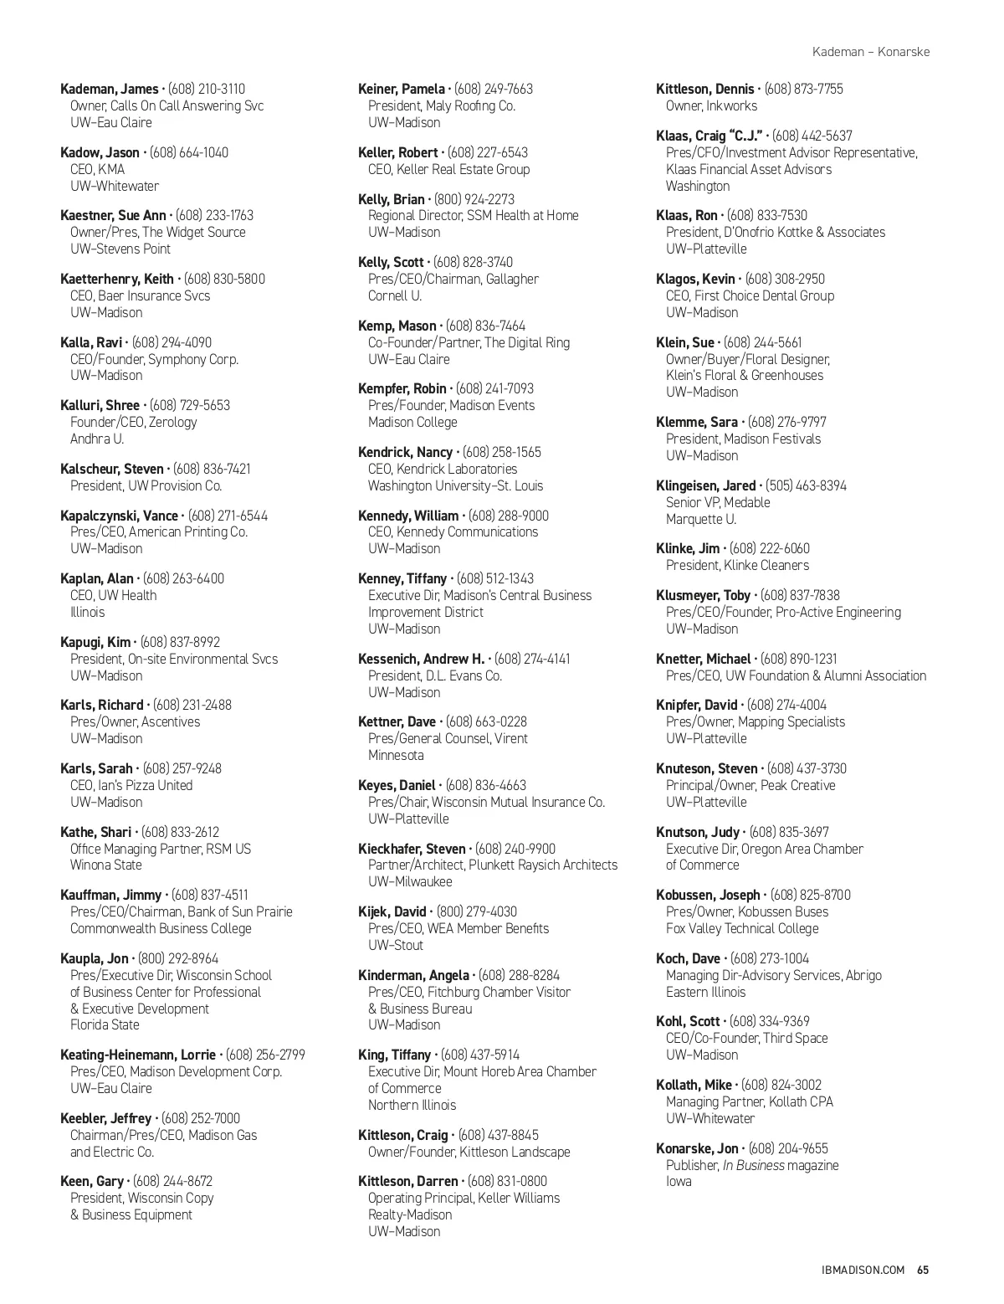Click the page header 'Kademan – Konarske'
[x=870, y=52]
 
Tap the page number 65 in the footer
[x=923, y=1270]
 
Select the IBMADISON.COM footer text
[x=864, y=1270]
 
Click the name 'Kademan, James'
[x=110, y=89]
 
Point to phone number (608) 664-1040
[x=189, y=152]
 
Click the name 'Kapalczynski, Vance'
[x=119, y=516]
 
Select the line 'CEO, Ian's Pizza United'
[x=131, y=785]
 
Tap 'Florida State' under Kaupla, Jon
[x=105, y=1024]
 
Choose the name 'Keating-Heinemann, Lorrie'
[x=138, y=1055]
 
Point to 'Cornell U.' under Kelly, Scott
[x=395, y=295]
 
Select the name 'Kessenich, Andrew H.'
[x=421, y=659]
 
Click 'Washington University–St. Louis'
[x=455, y=485]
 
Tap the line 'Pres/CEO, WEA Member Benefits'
[x=458, y=928]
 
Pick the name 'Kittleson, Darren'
[x=407, y=1181]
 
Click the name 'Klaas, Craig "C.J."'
[x=709, y=136]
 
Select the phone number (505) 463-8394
[x=806, y=485]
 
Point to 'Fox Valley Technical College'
[x=742, y=928]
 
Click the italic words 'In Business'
[x=753, y=1165]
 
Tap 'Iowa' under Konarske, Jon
[x=679, y=1181]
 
